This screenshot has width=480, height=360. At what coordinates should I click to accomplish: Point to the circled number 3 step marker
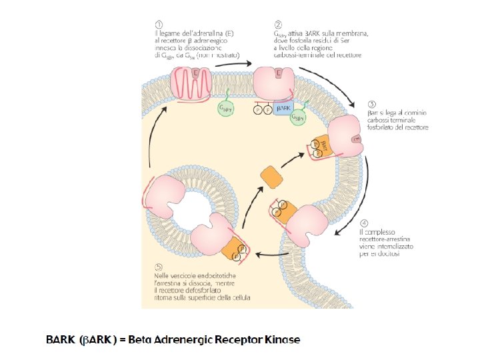click(x=372, y=104)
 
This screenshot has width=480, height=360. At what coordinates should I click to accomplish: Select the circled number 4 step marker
click(x=363, y=223)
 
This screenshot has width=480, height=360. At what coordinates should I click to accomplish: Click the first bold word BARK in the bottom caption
click(x=60, y=340)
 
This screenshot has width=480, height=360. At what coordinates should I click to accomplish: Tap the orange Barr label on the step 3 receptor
click(x=323, y=145)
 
